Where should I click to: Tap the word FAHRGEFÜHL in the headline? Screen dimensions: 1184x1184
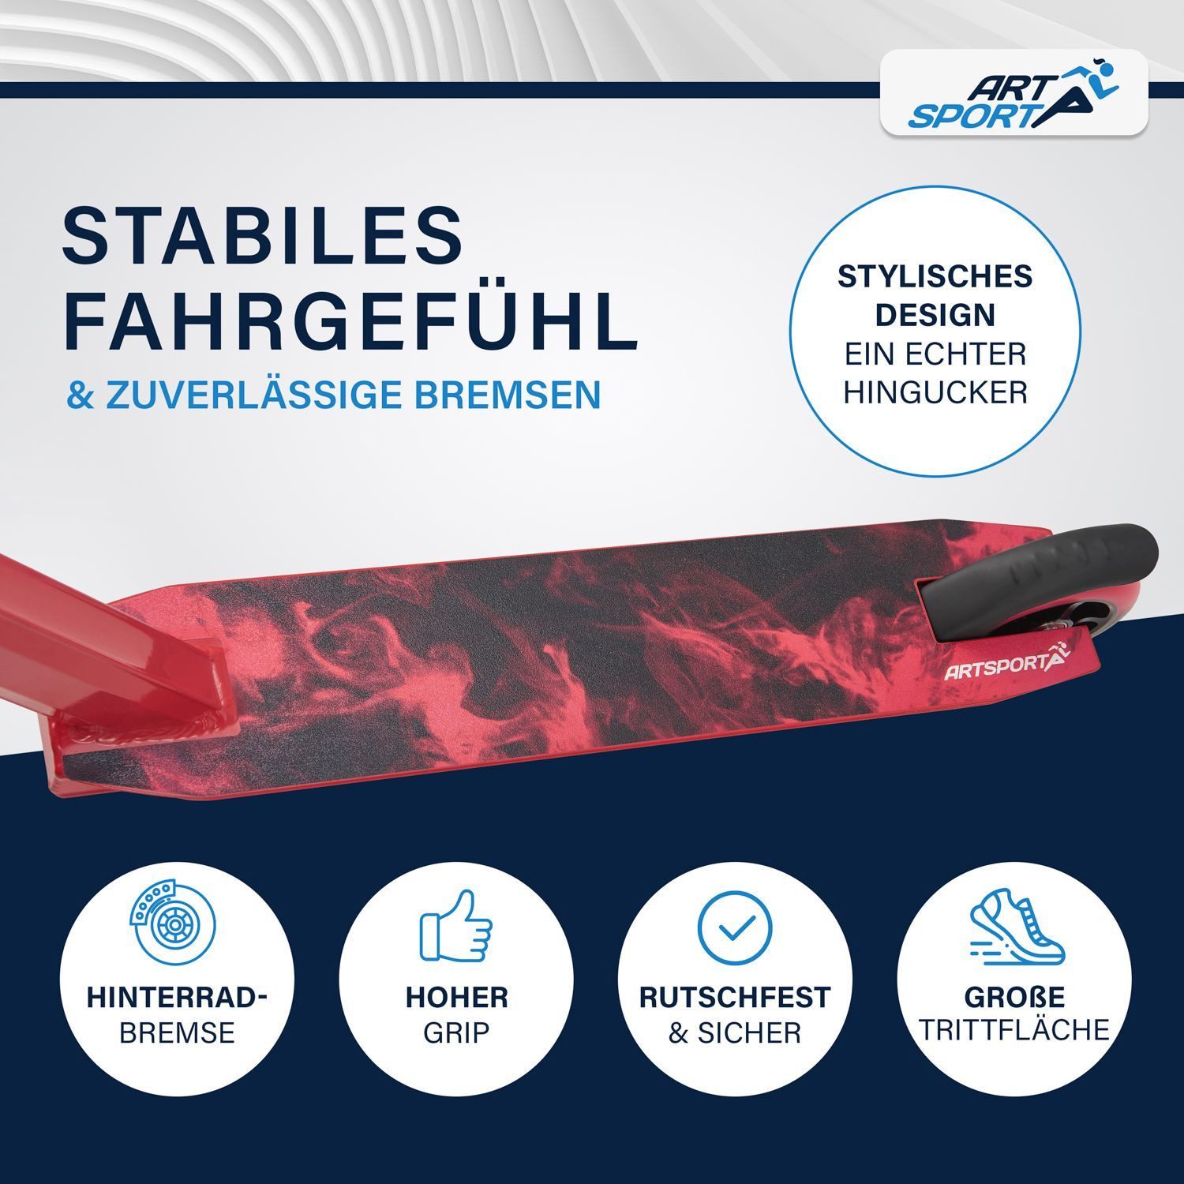click(x=350, y=320)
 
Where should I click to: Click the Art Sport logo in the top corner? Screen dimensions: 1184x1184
click(x=1014, y=92)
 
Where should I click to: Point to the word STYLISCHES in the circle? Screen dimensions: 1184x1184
click(x=935, y=277)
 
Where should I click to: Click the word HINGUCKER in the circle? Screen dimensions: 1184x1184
click(x=935, y=392)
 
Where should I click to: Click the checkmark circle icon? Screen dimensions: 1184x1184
click(x=734, y=929)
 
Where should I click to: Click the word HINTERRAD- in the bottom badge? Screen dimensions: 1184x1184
click(x=177, y=997)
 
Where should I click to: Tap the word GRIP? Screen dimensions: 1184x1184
click(x=456, y=1032)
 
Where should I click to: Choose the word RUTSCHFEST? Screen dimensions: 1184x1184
click(x=735, y=997)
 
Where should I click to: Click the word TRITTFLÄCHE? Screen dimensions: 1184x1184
click(x=1014, y=1030)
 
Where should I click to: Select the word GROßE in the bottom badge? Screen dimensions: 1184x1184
click(x=1014, y=996)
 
